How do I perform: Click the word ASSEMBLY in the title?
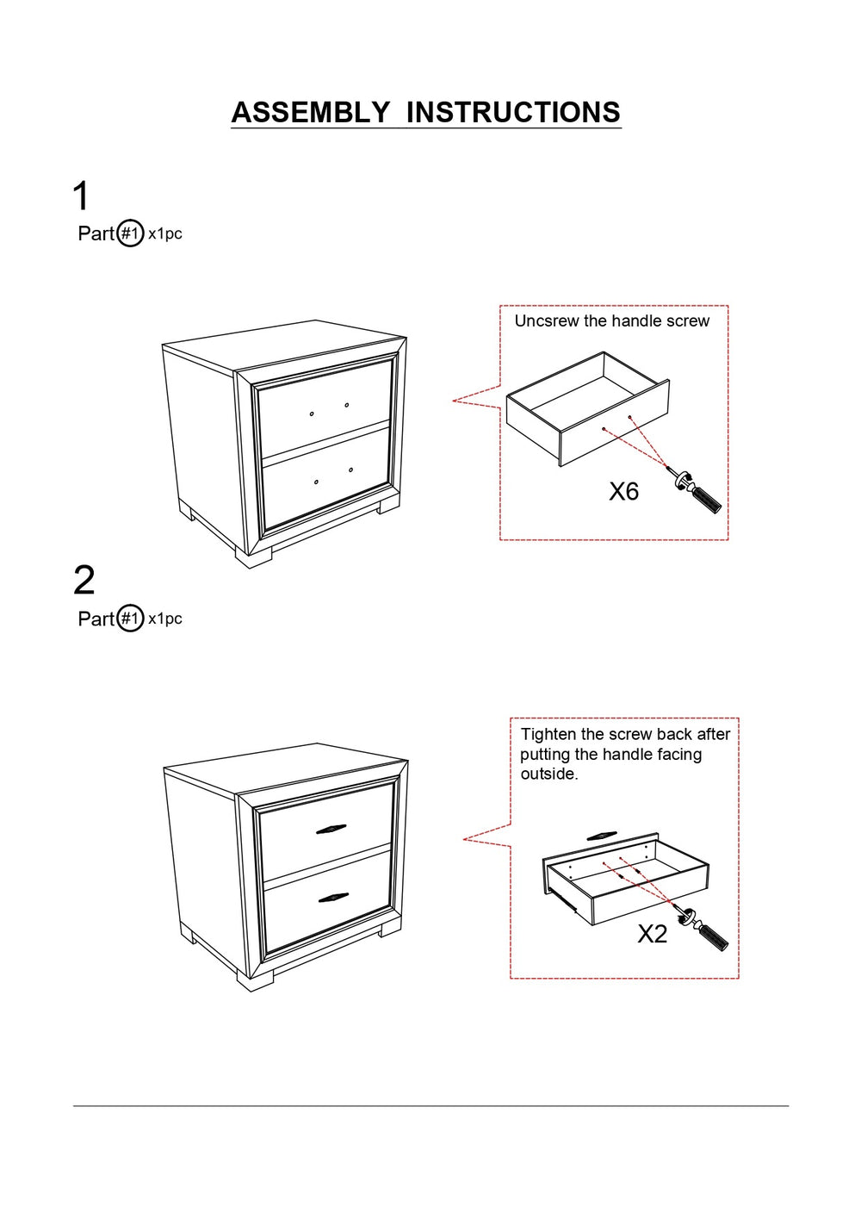tap(310, 111)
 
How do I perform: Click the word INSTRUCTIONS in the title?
tap(513, 111)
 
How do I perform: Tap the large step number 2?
tap(84, 581)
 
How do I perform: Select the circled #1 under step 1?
tap(130, 234)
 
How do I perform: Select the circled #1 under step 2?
tap(130, 619)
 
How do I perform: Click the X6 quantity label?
tap(623, 491)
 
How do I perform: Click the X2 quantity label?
tap(652, 934)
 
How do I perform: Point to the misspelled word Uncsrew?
tap(547, 321)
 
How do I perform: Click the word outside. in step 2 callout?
tap(549, 774)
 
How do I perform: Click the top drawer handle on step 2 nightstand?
tap(331, 830)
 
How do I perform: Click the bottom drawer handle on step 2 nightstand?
tap(333, 898)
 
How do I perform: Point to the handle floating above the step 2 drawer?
tap(602, 836)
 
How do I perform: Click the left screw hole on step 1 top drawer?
tap(312, 414)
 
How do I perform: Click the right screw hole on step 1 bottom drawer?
tap(350, 470)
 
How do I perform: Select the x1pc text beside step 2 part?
tap(165, 619)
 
